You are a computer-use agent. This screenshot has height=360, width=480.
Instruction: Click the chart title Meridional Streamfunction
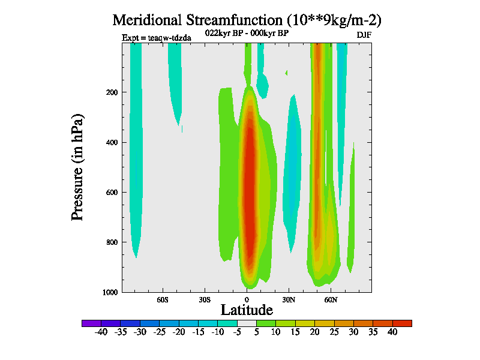click(247, 20)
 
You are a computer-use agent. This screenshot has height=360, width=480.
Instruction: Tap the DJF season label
click(364, 35)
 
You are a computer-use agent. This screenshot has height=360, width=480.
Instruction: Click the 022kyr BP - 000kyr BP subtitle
click(247, 34)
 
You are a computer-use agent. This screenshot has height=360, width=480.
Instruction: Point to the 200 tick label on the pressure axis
click(110, 92)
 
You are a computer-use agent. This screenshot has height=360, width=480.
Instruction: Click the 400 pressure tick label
click(110, 142)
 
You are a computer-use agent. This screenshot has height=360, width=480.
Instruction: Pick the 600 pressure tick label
click(110, 193)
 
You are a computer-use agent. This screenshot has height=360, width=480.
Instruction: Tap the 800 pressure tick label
click(110, 242)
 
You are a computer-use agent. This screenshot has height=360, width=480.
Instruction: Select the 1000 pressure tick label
click(109, 292)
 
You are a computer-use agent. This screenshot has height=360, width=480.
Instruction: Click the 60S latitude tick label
click(163, 299)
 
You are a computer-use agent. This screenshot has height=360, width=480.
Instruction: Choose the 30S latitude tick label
click(205, 299)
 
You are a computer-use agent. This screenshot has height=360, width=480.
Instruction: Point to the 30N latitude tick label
click(289, 299)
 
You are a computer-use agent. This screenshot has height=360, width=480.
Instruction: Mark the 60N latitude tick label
click(331, 299)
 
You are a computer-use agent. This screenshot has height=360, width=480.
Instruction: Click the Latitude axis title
click(247, 310)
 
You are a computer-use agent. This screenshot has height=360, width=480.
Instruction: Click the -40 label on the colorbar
click(101, 332)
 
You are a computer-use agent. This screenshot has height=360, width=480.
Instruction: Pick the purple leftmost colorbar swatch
click(91, 323)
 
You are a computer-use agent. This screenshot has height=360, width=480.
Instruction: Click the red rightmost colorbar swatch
click(402, 323)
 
